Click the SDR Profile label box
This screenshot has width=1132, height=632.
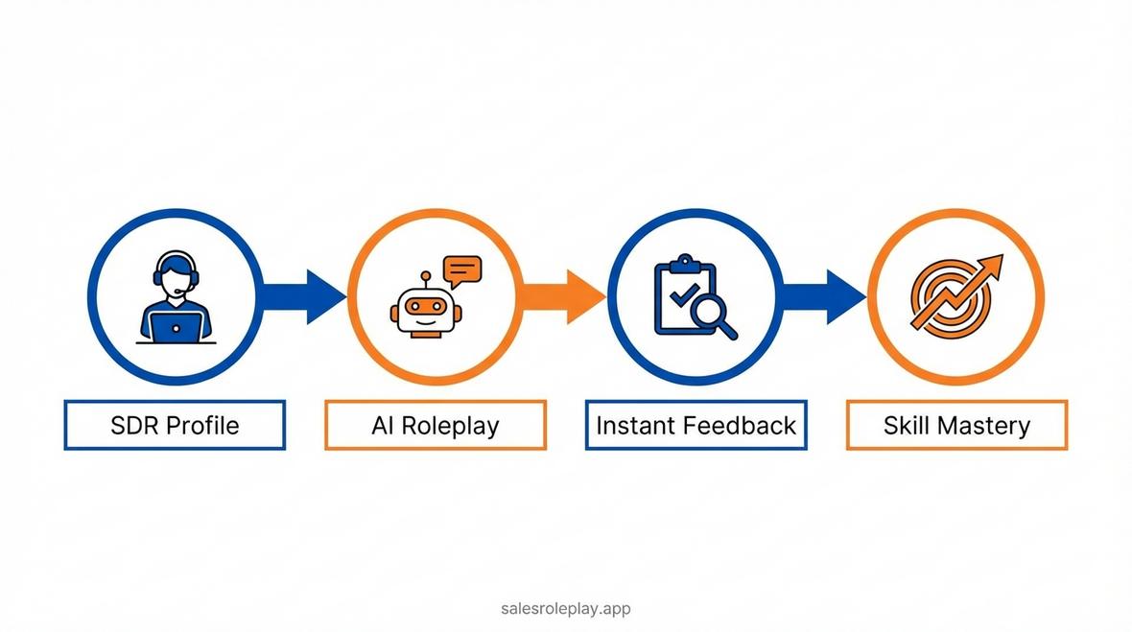tap(175, 425)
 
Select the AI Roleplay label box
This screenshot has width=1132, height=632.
tap(436, 425)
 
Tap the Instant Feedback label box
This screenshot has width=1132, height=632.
tap(696, 425)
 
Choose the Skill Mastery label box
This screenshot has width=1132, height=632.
tap(956, 425)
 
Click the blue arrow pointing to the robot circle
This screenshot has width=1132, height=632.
tap(303, 296)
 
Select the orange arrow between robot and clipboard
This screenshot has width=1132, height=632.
tap(563, 296)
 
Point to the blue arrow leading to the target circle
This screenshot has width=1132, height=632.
tap(824, 296)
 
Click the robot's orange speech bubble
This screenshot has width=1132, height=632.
tap(462, 271)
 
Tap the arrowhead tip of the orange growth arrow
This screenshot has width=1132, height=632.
tap(1002, 255)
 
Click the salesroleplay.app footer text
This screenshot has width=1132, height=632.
tap(566, 608)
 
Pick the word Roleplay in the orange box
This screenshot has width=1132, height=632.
tap(450, 426)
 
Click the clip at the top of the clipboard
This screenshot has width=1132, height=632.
tap(685, 262)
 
